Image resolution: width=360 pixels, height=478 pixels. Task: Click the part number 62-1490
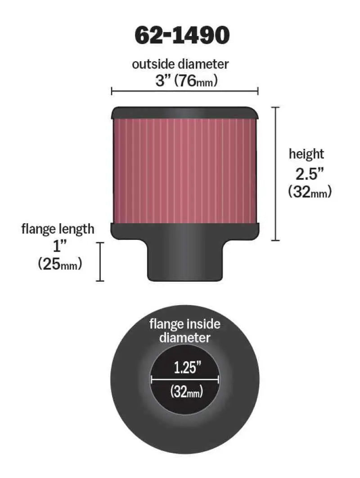click(182, 36)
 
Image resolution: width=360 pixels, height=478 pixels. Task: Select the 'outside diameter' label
click(180, 64)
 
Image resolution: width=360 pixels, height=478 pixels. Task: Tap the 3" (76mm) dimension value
click(186, 81)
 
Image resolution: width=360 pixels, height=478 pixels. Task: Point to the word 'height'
click(306, 154)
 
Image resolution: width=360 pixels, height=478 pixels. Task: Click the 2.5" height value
click(306, 173)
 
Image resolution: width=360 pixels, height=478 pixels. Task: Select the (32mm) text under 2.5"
click(310, 192)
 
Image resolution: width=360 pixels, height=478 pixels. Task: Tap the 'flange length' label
click(58, 229)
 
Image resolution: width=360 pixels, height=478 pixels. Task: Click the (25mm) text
click(60, 264)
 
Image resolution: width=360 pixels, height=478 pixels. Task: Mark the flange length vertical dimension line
click(100, 262)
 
